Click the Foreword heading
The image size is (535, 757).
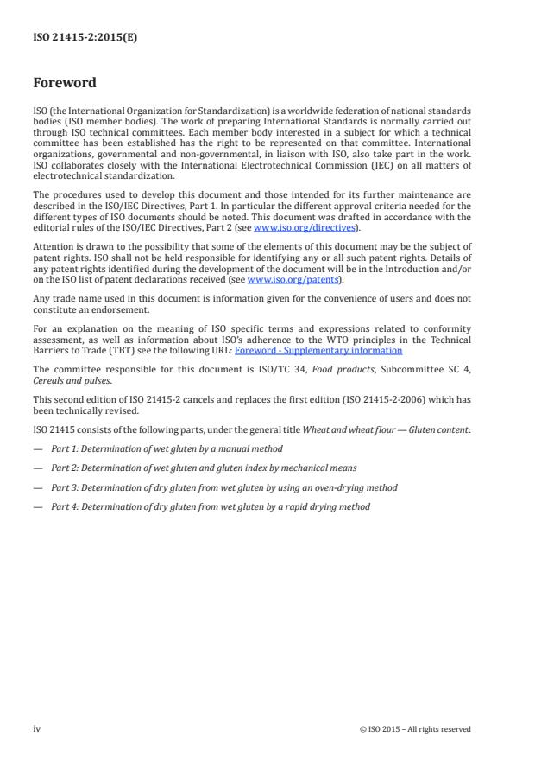[x=64, y=84]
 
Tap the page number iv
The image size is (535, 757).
[x=37, y=728]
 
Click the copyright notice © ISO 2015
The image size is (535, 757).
[x=414, y=729]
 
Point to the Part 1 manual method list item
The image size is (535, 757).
[x=167, y=448]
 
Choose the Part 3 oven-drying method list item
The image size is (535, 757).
[x=223, y=487]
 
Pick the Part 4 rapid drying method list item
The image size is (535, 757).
[x=210, y=506]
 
